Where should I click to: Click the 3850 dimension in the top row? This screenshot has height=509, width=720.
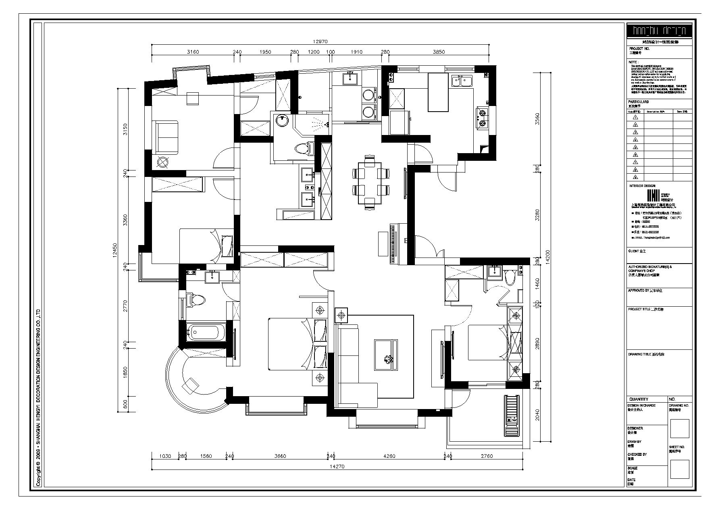[439, 52]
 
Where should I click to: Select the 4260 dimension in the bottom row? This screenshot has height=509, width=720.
[389, 456]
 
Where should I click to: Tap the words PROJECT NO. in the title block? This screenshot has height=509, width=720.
[639, 48]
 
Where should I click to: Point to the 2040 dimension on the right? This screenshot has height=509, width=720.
[536, 415]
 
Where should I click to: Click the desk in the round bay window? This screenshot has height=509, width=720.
[191, 383]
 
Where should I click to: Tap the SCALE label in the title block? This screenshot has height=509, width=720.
[632, 468]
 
